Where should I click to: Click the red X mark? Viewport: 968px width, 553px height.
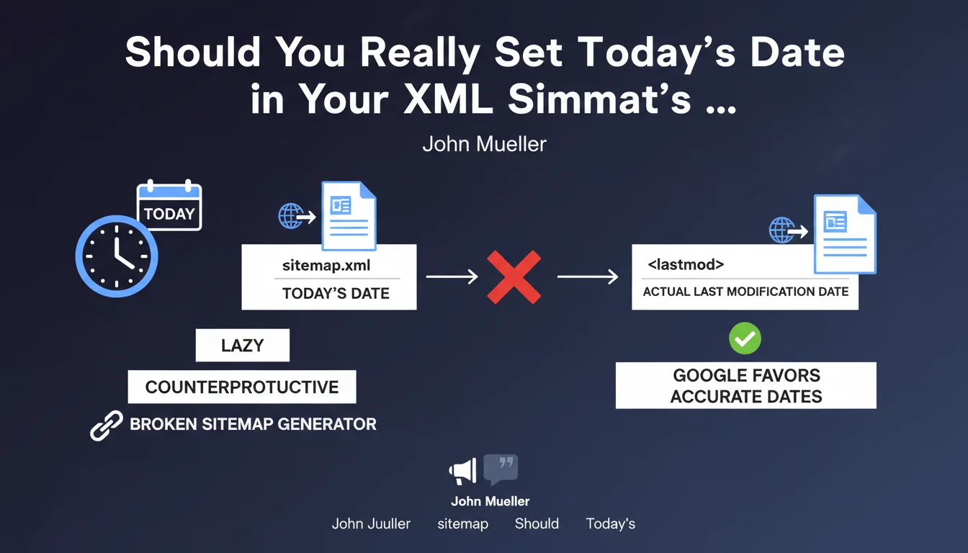coord(514,277)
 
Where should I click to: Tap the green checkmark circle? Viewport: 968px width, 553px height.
coord(745,338)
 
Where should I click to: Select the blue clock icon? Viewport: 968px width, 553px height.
coord(117,256)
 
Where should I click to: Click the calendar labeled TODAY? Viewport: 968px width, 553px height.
coord(169,206)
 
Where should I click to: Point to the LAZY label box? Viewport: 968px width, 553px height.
coord(243,345)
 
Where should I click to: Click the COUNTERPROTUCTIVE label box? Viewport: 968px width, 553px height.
coord(242,387)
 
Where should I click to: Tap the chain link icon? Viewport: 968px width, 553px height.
coord(107,426)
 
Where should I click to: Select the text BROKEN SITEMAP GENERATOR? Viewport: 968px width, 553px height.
coord(254,424)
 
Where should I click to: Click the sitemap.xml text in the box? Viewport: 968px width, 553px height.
coord(326,265)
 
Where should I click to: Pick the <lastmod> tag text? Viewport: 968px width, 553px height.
coord(686,264)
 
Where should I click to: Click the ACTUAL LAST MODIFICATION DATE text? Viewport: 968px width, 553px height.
coord(746,292)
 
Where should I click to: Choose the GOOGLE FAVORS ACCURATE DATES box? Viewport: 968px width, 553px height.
coord(746,385)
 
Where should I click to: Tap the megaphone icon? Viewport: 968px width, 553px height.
coord(463,471)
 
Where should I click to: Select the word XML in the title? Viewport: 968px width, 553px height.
coord(448,99)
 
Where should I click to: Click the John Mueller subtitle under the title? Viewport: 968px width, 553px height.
coord(485,144)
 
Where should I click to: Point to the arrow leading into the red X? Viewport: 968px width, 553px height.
coord(452,276)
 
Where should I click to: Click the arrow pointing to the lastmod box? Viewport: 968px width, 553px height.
coord(588,276)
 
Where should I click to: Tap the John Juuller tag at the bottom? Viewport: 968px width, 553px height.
coord(371,523)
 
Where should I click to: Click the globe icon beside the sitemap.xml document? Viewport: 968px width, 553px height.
coord(291,216)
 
